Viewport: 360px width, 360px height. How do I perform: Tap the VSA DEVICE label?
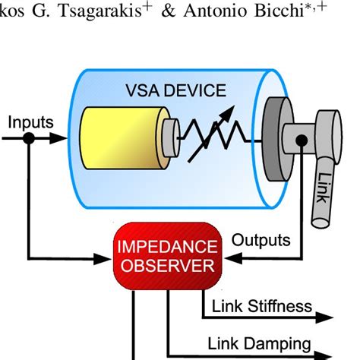coord(175,91)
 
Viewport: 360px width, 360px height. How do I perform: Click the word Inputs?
coord(30,122)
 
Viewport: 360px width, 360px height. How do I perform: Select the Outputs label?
coord(261,240)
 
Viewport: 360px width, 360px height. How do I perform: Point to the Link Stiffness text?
coord(262,306)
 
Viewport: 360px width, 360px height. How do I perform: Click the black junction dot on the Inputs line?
coord(29,139)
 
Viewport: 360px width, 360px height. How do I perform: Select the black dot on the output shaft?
coord(302,140)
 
